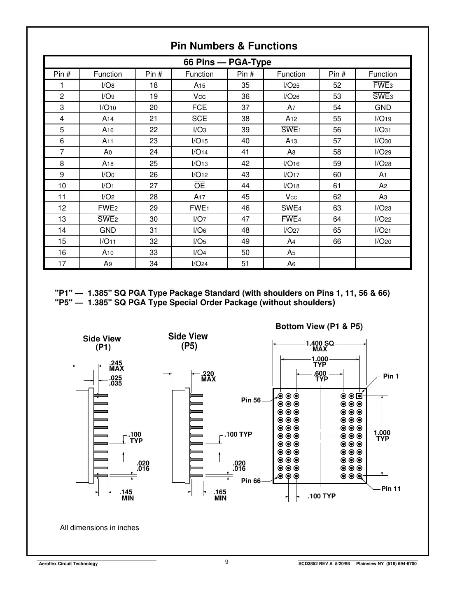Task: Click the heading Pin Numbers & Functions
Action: click(x=234, y=46)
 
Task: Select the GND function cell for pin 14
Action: click(x=107, y=230)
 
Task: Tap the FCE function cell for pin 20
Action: click(x=199, y=108)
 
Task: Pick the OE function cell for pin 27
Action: click(x=199, y=186)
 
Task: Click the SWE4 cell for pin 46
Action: click(x=291, y=208)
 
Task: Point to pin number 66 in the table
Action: click(x=337, y=241)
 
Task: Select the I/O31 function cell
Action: click(x=383, y=130)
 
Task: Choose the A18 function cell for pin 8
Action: click(x=107, y=164)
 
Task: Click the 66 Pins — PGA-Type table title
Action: click(x=227, y=62)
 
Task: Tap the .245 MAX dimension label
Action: click(x=117, y=366)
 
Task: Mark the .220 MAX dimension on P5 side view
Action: click(x=208, y=376)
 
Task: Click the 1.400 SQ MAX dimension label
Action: click(x=320, y=346)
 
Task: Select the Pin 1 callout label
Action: click(x=391, y=376)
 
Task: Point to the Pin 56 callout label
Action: click(x=251, y=400)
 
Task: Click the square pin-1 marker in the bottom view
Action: click(x=359, y=396)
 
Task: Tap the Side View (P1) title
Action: click(x=102, y=343)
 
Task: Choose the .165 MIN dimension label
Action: click(x=220, y=495)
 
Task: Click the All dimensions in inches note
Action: click(x=99, y=528)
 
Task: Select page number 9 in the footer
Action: click(x=227, y=562)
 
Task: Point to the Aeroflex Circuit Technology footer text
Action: click(x=68, y=563)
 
